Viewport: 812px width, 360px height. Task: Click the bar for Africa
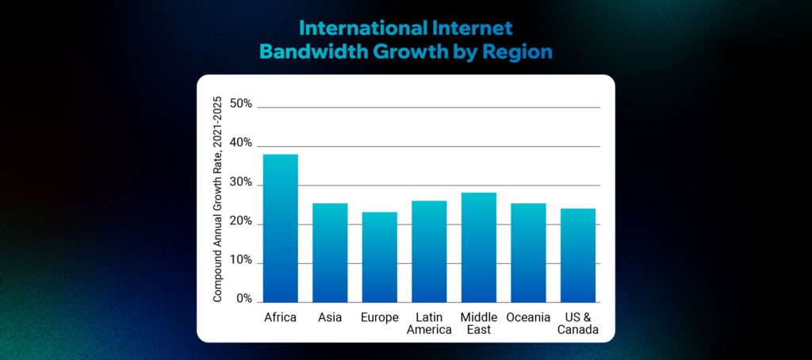(280, 228)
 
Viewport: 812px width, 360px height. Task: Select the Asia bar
(329, 253)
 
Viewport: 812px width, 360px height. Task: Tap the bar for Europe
(379, 257)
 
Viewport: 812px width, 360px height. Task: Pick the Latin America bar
(428, 251)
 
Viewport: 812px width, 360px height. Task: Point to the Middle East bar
(478, 247)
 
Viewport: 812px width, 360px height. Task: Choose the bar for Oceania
(528, 253)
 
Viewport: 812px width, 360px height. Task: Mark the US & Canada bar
(577, 255)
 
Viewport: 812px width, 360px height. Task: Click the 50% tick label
(240, 104)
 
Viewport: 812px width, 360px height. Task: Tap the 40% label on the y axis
(240, 144)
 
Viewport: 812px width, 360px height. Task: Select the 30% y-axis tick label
(240, 183)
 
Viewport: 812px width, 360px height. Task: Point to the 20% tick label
(240, 222)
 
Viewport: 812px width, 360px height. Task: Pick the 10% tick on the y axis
(240, 261)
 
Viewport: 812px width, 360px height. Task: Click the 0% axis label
(243, 300)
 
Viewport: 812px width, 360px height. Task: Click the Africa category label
(280, 317)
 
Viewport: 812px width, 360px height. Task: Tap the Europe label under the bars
(379, 317)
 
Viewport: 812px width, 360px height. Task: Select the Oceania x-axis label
(528, 317)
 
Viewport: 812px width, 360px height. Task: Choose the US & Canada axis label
(577, 324)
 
